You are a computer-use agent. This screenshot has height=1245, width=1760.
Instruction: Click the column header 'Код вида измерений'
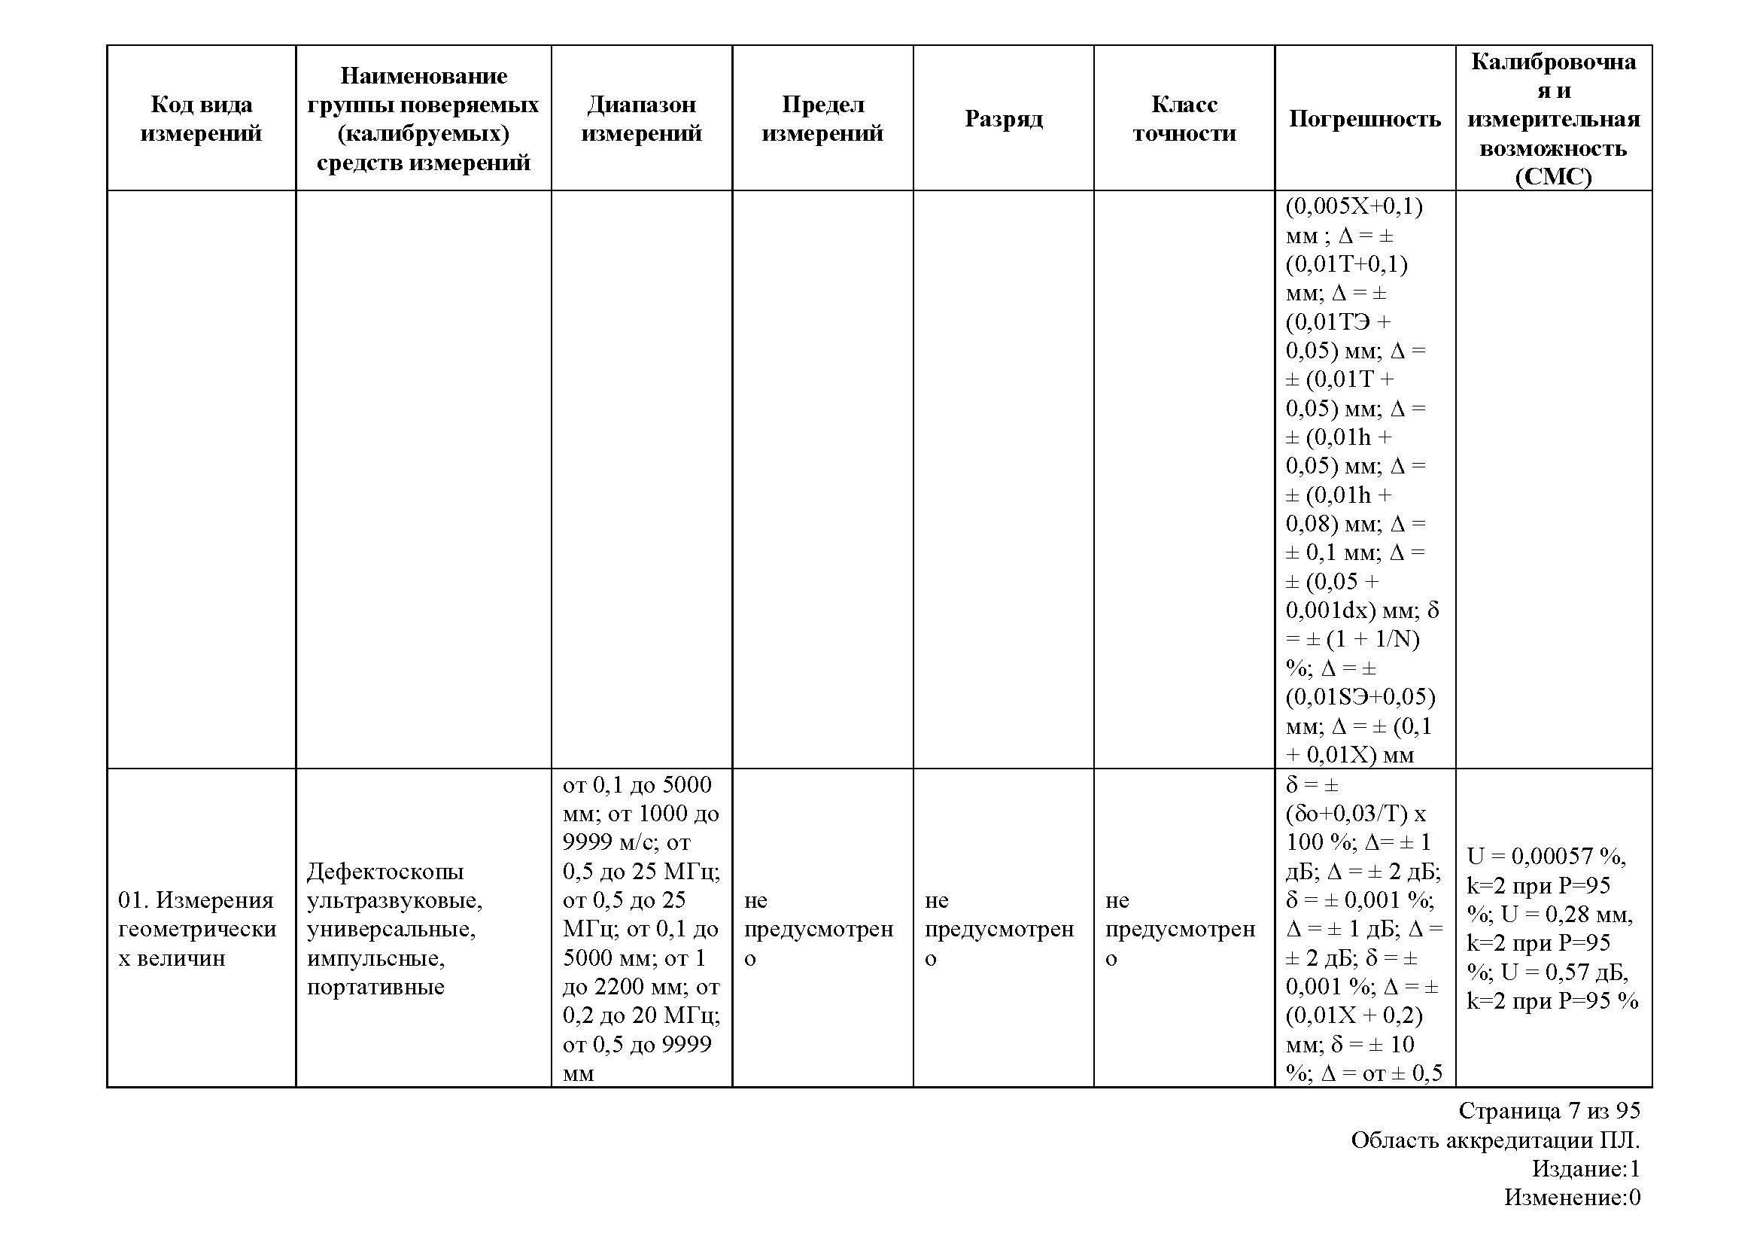click(x=201, y=118)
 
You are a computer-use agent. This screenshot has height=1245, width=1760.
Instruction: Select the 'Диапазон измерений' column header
click(x=641, y=118)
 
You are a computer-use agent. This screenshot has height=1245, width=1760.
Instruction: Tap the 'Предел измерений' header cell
click(x=822, y=118)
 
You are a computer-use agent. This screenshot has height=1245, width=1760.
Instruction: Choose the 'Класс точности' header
click(x=1184, y=118)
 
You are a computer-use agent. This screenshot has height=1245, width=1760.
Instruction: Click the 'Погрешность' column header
click(x=1364, y=118)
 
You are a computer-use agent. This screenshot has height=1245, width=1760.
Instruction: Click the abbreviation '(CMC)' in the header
click(x=1553, y=176)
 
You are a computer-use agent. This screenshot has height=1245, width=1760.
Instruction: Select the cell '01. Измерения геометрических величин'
click(x=197, y=928)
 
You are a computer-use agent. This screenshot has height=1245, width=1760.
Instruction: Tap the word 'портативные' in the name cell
click(x=375, y=986)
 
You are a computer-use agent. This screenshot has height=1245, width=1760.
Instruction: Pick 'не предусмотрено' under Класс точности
click(x=1180, y=928)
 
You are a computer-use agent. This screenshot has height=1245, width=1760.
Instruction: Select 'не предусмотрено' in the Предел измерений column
click(x=818, y=928)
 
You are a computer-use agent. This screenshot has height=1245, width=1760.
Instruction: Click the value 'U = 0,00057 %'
click(x=1546, y=856)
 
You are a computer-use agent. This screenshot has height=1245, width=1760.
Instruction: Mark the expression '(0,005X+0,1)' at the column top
click(x=1354, y=206)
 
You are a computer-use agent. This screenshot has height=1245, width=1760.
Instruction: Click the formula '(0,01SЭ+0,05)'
click(x=1360, y=697)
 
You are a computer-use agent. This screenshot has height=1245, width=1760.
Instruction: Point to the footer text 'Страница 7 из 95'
click(x=1549, y=1110)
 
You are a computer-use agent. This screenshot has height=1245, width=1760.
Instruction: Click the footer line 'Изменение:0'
click(x=1571, y=1198)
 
